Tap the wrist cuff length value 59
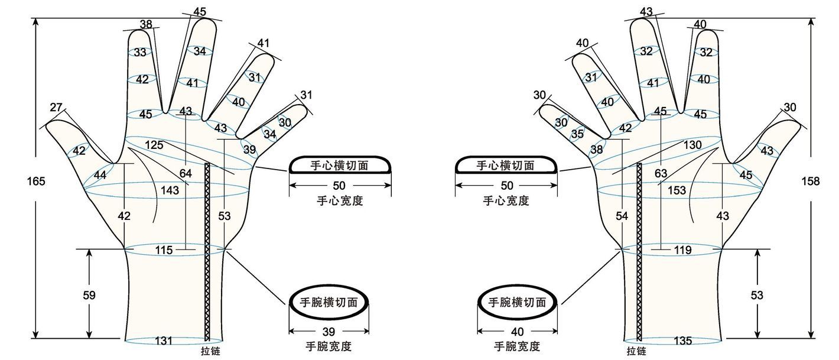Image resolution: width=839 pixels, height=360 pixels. click(89, 295)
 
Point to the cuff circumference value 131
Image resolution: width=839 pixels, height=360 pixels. click(164, 340)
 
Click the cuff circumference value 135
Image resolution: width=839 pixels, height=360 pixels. click(683, 340)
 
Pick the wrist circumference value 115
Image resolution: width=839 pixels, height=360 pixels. click(164, 250)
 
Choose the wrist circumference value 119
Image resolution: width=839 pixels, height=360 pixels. click(682, 250)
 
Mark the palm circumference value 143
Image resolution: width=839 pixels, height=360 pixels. click(170, 190)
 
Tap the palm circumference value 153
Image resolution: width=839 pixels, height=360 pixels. click(677, 190)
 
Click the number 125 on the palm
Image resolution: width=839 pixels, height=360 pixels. click(154, 145)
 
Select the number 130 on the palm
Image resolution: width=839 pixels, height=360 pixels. click(692, 145)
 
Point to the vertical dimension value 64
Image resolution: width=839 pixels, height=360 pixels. click(186, 173)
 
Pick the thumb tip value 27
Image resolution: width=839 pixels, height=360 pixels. click(56, 108)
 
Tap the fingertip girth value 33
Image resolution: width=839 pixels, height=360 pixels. click(140, 53)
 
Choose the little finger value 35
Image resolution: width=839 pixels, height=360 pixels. click(577, 134)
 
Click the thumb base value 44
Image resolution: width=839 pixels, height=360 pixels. click(100, 174)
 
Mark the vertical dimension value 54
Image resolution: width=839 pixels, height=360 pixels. click(622, 216)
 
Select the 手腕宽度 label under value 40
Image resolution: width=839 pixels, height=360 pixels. click(517, 346)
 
